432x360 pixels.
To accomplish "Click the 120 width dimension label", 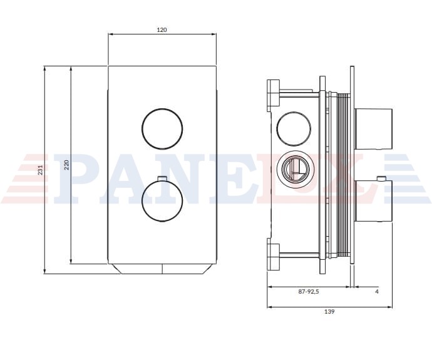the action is (162, 30).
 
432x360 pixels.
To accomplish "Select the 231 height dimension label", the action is (40, 170).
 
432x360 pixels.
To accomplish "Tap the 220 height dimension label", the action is (66, 165).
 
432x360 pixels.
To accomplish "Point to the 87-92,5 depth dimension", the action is (309, 291).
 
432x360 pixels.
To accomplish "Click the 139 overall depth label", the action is (329, 312).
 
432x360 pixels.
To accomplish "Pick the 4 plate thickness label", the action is (377, 291).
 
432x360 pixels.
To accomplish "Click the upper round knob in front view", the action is (162, 128).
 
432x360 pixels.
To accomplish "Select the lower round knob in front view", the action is (162, 201).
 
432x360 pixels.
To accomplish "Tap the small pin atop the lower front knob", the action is (162, 178).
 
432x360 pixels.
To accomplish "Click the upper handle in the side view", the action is (373, 129).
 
